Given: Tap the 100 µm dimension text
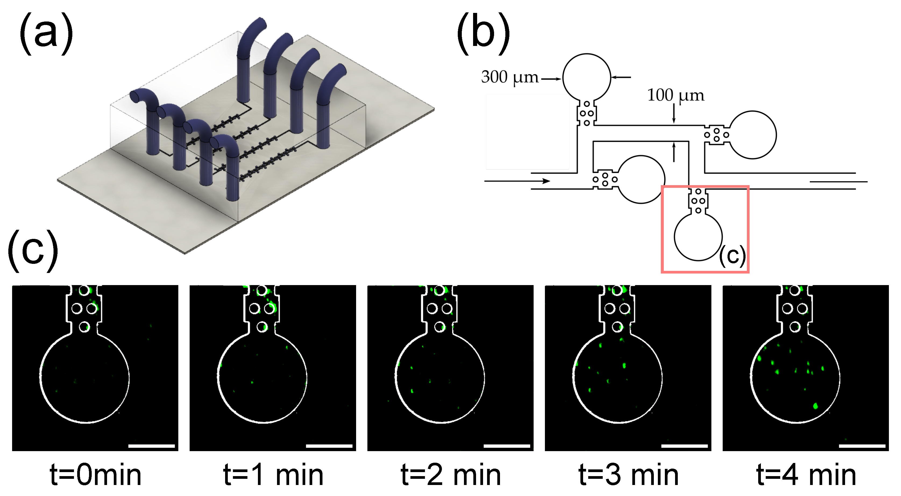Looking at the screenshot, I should [675, 95].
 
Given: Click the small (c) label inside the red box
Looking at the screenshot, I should [732, 256].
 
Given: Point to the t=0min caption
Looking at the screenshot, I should [95, 475].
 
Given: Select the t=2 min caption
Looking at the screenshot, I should [450, 475].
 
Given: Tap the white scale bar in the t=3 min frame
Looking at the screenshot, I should [684, 446].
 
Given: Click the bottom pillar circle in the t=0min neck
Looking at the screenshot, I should [84, 327].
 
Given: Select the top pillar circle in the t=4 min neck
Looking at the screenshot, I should [795, 290].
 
